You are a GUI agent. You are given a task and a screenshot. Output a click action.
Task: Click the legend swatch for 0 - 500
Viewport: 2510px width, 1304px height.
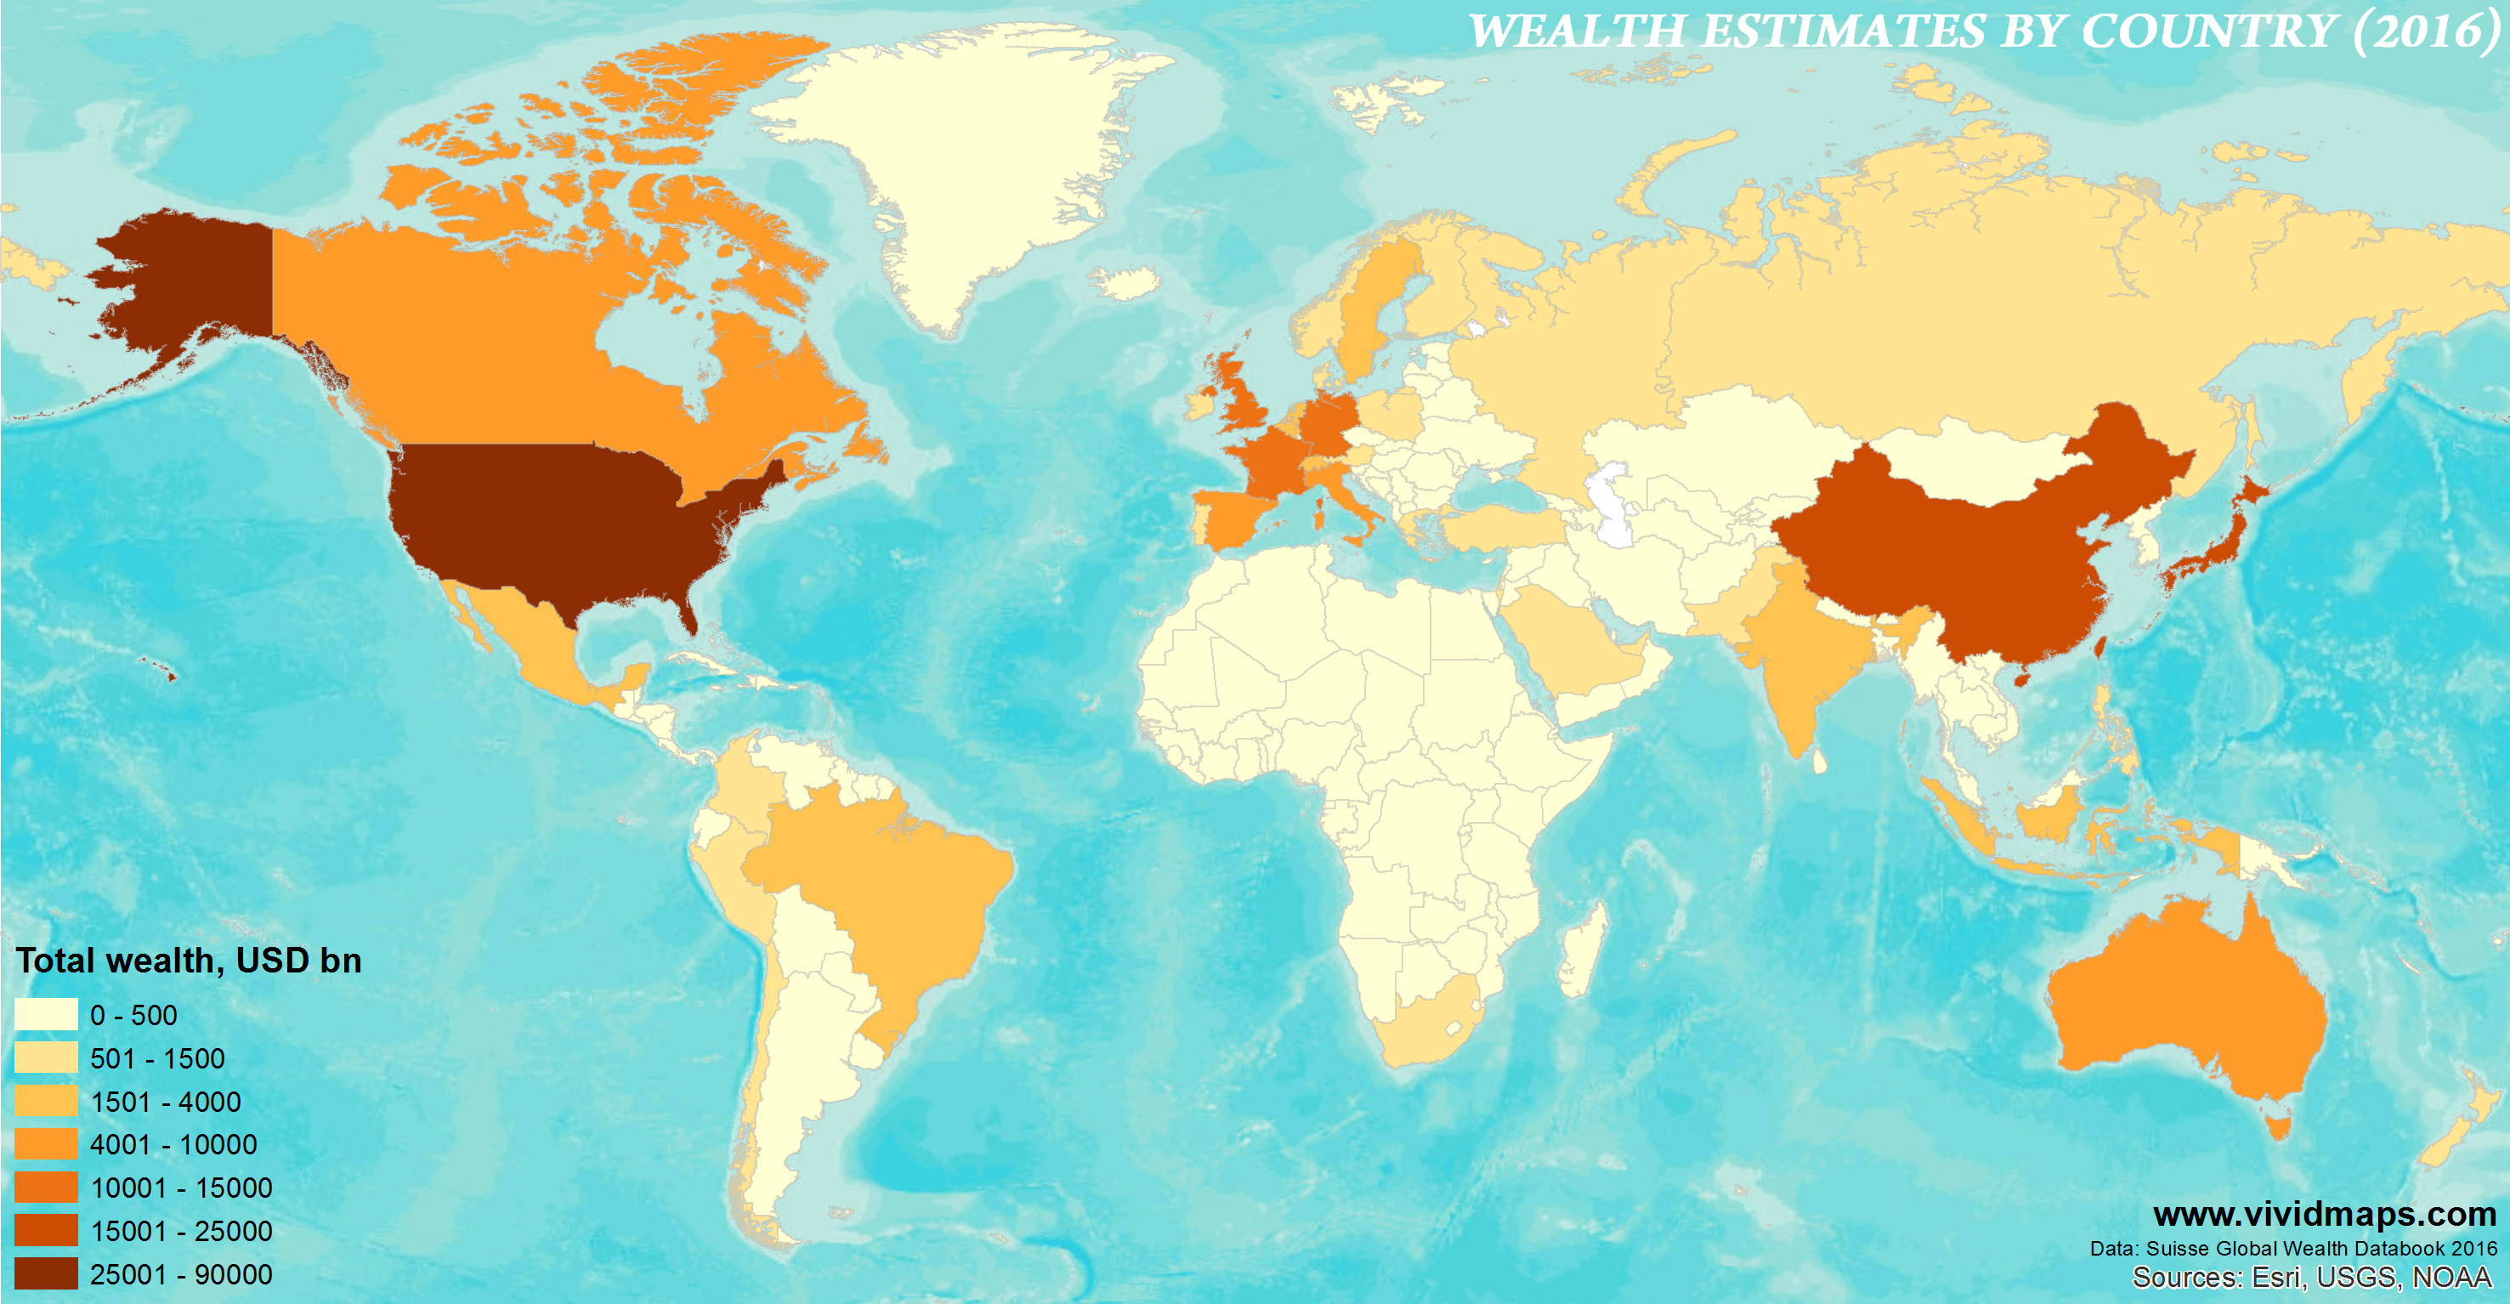(46, 1014)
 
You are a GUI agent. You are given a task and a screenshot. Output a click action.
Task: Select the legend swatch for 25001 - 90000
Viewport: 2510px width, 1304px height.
(46, 1273)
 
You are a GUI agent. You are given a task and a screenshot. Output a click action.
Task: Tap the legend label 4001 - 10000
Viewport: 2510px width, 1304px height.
(173, 1144)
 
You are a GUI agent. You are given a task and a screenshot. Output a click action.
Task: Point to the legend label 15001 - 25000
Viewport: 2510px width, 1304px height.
(181, 1231)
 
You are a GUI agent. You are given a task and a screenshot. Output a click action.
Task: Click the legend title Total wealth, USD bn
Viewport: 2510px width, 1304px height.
(189, 961)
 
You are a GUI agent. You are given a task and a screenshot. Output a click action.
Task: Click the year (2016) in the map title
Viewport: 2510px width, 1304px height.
(2424, 31)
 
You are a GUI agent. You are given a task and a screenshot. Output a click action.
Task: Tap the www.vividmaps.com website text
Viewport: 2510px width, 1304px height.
(2325, 1215)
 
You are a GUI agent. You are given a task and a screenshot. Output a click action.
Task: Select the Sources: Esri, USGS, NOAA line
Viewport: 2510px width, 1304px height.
(2311, 1278)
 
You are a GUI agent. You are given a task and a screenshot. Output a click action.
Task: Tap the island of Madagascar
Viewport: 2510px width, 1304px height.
(1580, 950)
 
